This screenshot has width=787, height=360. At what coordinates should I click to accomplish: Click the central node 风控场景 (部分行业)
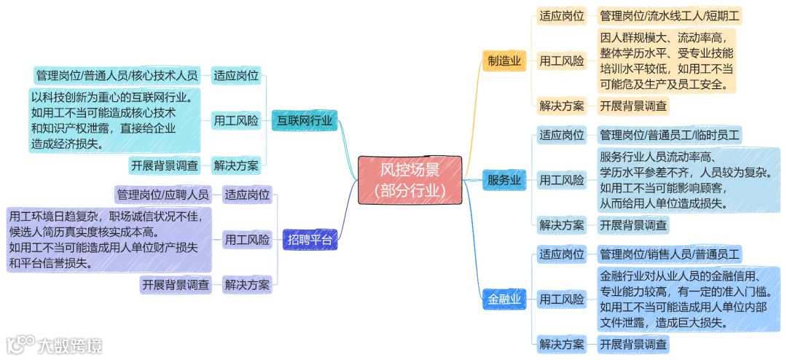(x=410, y=179)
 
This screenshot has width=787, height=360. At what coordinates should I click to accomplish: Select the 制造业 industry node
(x=504, y=61)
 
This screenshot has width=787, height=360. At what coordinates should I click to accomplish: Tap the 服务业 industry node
(x=504, y=179)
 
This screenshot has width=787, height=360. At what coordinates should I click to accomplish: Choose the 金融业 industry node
(x=504, y=299)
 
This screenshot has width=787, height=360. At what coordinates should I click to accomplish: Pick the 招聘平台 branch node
(x=310, y=239)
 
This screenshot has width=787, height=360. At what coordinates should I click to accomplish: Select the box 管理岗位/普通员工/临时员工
(x=669, y=135)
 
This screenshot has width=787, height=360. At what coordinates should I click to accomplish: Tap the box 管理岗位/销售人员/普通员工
(x=669, y=254)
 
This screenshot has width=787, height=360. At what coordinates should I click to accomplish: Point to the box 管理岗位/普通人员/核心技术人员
(x=117, y=75)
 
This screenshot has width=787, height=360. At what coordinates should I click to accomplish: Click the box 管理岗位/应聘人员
(x=163, y=195)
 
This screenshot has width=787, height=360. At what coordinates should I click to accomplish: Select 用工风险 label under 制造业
(x=561, y=61)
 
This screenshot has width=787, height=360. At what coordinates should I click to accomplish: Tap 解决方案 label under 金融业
(x=561, y=344)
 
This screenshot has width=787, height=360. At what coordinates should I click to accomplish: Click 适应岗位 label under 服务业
(x=561, y=135)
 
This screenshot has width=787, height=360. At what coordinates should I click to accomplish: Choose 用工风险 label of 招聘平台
(x=247, y=239)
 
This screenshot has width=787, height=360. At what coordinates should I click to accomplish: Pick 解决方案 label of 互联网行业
(x=236, y=165)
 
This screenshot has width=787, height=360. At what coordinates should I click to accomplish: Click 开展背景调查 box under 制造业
(x=633, y=106)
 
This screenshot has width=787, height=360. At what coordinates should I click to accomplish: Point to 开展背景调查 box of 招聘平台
(x=176, y=284)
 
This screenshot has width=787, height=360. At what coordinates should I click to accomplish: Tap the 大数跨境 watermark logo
(x=55, y=345)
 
